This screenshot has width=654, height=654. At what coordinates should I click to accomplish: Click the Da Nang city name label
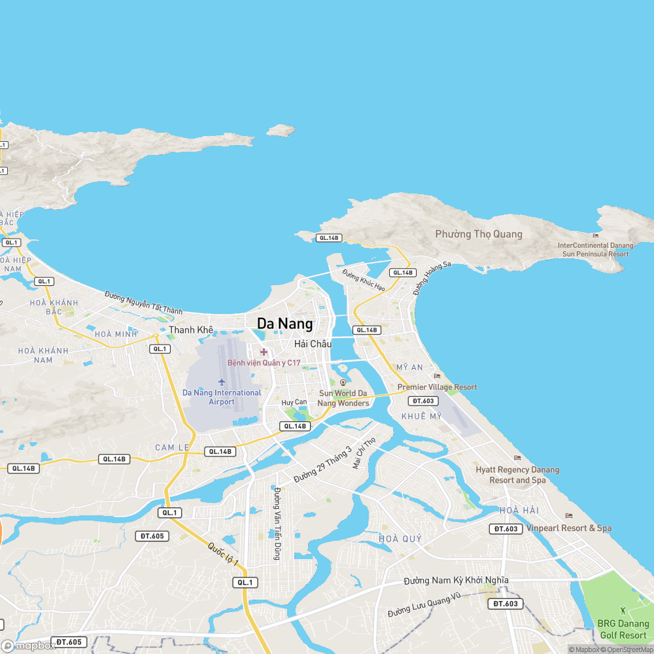coord(284,324)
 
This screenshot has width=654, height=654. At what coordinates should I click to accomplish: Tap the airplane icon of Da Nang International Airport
coord(222,381)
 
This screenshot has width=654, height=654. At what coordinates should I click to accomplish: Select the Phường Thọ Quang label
coord(479,234)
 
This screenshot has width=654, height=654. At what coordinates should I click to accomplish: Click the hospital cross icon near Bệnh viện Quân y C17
coord(264,352)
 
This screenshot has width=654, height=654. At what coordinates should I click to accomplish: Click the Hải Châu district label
coord(313,344)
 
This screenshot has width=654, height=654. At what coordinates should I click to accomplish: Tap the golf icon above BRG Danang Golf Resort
coord(623,610)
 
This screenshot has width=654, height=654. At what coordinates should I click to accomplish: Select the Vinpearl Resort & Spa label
coord(569,528)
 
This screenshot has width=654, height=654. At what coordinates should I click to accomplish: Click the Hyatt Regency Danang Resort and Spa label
coord(517,475)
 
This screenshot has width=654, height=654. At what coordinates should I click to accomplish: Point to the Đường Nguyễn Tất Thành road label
coord(143,303)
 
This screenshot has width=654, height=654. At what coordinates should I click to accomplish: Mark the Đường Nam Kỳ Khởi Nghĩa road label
coord(456,580)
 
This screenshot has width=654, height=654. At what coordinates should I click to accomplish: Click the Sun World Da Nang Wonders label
coord(343,398)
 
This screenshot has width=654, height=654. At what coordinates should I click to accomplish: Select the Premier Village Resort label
coord(438,387)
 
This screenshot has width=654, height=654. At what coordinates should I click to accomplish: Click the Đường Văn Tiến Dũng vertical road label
coord(277,523)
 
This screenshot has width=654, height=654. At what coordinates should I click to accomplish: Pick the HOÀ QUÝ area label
coord(400,539)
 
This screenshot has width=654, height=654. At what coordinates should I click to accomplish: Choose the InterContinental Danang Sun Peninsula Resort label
coord(594,249)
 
